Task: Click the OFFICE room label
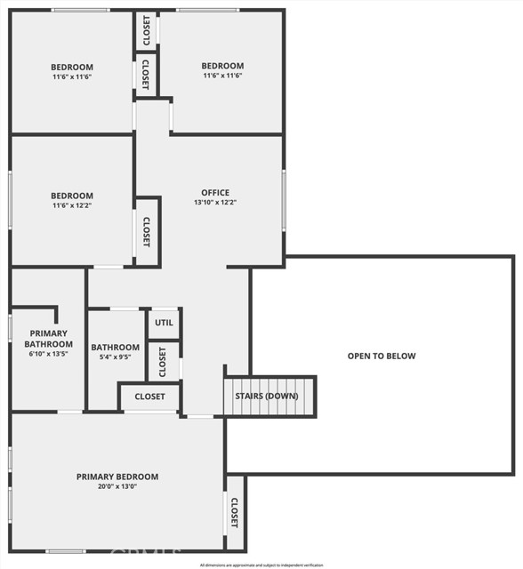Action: (215, 192)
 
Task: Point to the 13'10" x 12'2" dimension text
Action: (215, 203)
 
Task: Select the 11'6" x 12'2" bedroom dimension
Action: (71, 206)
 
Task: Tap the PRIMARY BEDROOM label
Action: (117, 477)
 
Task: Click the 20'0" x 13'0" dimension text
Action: (117, 487)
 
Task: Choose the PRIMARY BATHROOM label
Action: (48, 339)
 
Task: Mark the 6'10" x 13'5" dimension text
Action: (48, 354)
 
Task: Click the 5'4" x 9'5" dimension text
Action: (116, 357)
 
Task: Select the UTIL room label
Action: (164, 323)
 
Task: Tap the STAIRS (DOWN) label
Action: (267, 395)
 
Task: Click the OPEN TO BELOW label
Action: (382, 356)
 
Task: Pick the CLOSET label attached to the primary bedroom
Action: (235, 513)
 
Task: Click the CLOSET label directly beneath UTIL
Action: (164, 362)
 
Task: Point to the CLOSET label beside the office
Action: (147, 233)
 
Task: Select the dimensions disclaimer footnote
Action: (261, 565)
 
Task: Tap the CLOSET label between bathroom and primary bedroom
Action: (149, 397)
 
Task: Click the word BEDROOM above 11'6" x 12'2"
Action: (71, 196)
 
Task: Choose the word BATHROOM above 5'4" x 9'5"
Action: (116, 348)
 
